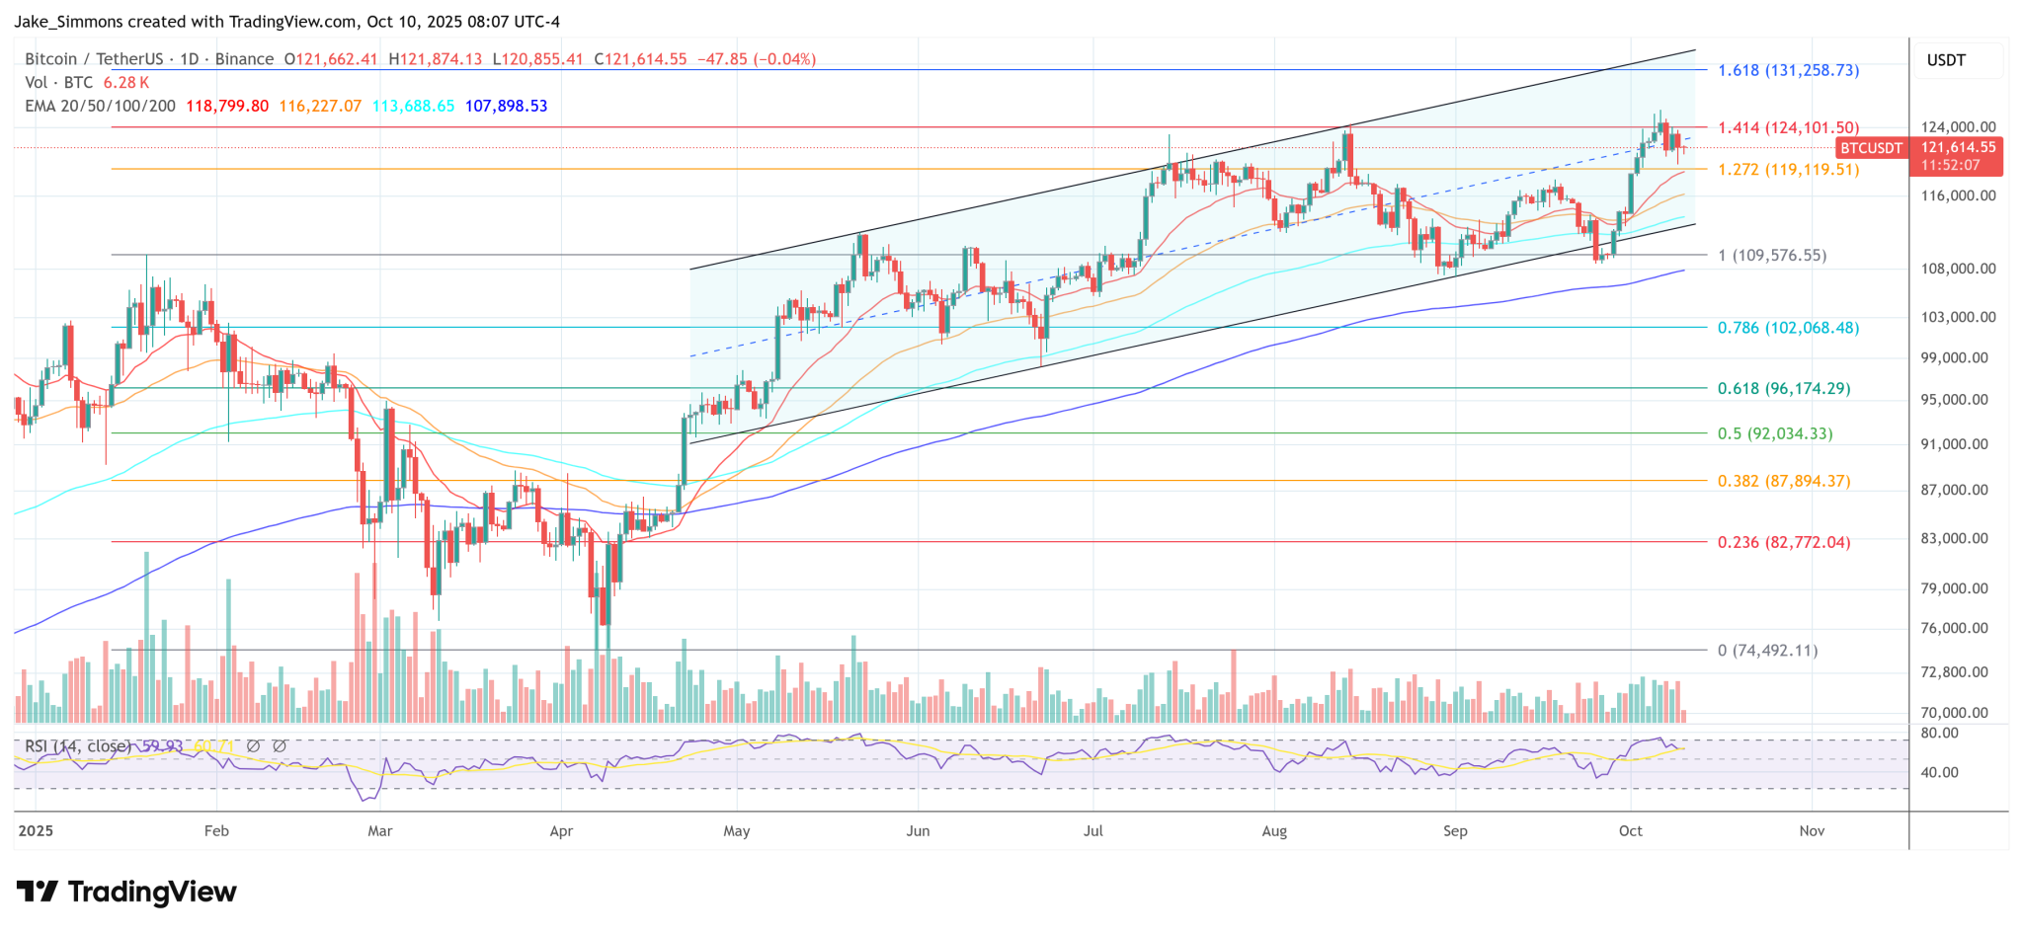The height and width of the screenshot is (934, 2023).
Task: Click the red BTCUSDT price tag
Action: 1870,148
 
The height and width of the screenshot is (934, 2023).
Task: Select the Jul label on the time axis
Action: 1092,831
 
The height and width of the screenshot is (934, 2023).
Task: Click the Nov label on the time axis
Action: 1812,831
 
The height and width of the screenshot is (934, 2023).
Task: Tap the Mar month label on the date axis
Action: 379,831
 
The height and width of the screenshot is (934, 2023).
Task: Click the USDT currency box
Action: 1946,60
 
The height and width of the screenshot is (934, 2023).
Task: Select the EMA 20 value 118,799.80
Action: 227,106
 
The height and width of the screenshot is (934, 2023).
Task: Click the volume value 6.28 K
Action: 126,83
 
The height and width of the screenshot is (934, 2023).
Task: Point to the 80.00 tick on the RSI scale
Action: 1939,734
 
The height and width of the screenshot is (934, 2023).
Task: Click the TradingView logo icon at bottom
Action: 38,893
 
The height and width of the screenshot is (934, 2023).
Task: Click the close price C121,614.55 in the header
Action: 640,59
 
